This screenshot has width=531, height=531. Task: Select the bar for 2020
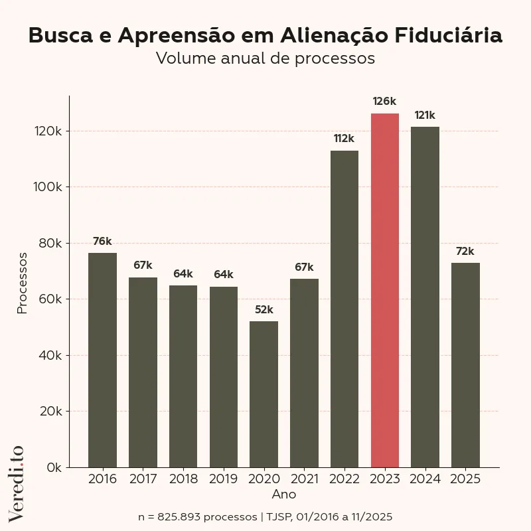(x=264, y=394)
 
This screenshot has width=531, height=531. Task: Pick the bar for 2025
(x=465, y=365)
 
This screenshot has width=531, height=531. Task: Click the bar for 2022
(x=344, y=309)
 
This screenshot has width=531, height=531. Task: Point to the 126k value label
(x=384, y=102)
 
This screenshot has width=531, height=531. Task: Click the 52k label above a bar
(x=264, y=309)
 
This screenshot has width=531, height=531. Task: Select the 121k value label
(x=425, y=115)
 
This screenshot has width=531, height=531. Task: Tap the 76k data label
(x=102, y=241)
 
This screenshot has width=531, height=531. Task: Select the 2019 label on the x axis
(x=223, y=479)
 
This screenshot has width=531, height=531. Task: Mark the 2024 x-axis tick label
(x=425, y=479)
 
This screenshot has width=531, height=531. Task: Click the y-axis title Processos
(x=23, y=283)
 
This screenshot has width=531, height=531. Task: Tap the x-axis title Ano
(x=284, y=494)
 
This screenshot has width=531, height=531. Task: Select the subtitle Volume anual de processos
(x=265, y=58)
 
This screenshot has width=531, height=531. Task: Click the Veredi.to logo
(x=17, y=483)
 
